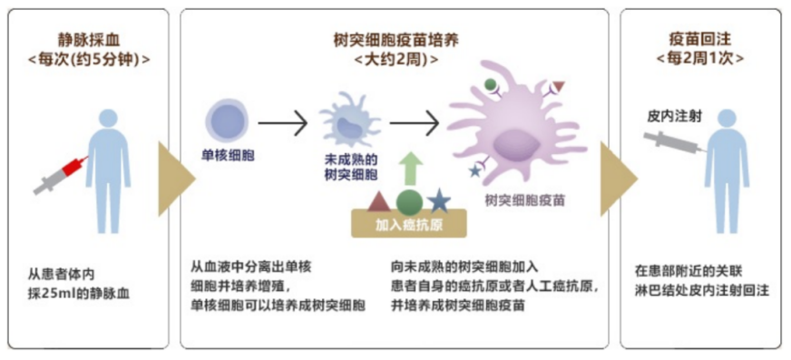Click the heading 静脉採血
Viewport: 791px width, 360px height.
(x=89, y=39)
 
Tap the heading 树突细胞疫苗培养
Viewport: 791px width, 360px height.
(x=396, y=39)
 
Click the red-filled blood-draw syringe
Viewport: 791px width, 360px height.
(x=61, y=175)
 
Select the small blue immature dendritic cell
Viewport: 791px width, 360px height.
(x=349, y=120)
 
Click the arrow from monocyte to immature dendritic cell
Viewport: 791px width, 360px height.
(x=282, y=122)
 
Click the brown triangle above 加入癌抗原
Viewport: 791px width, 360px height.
(x=380, y=201)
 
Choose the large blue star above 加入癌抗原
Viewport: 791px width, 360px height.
(x=439, y=200)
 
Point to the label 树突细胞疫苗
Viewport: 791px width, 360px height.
(x=524, y=200)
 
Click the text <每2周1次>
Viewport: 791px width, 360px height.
(x=699, y=58)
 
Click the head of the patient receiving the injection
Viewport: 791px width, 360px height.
(x=727, y=119)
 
